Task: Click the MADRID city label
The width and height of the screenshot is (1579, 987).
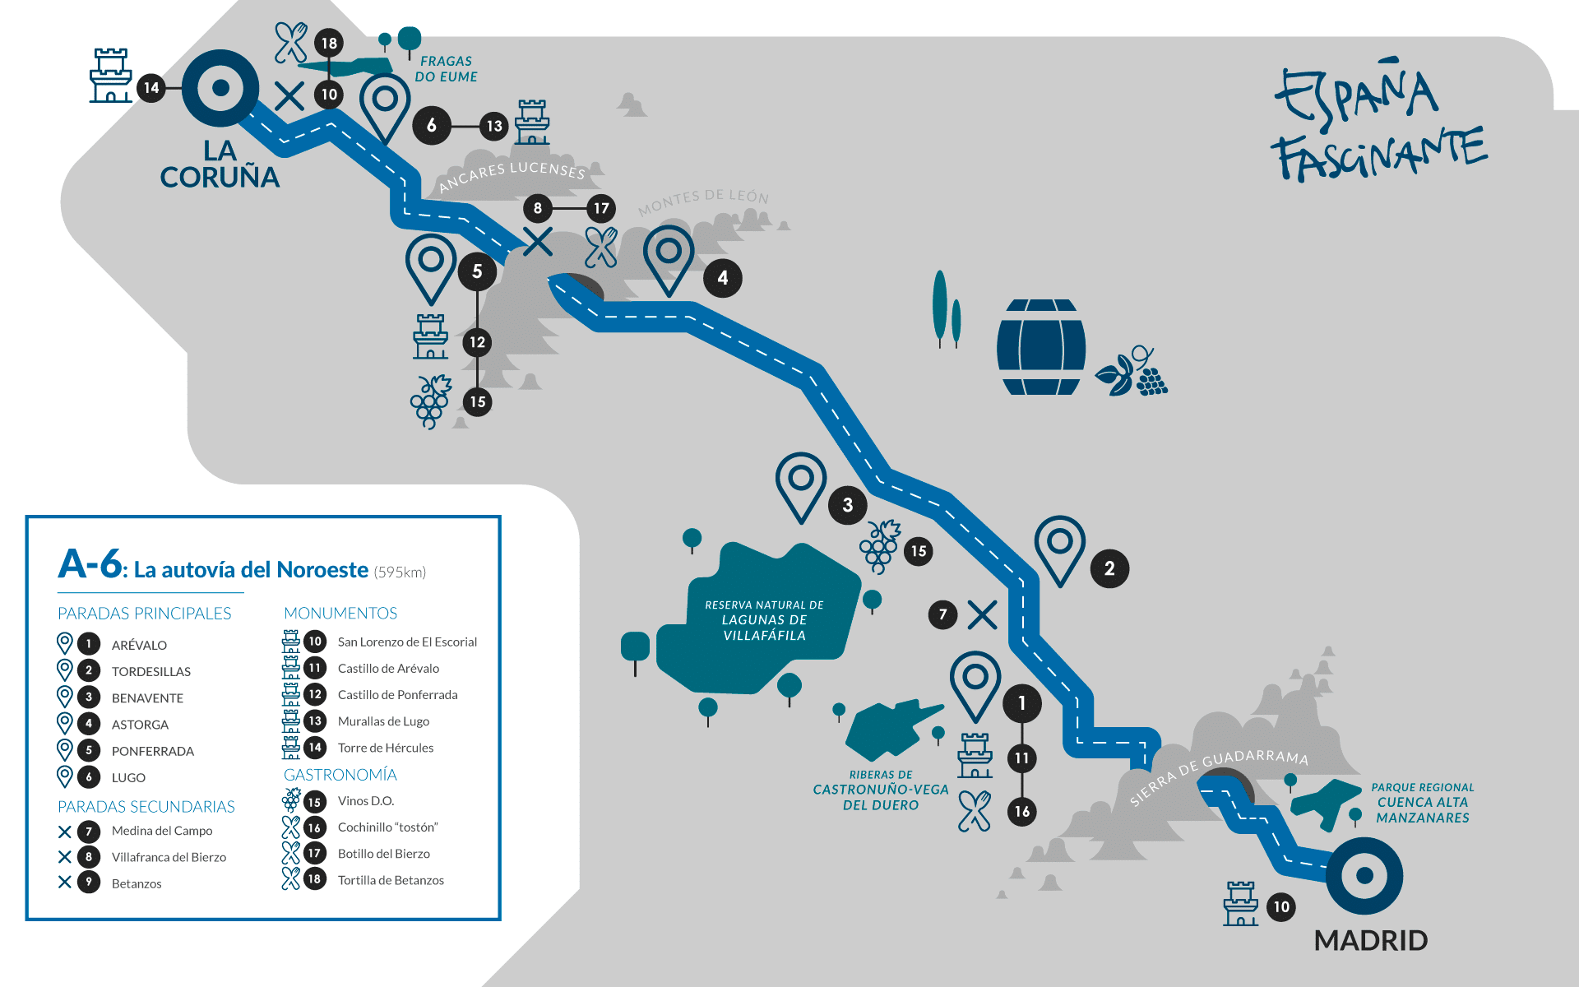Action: (1371, 940)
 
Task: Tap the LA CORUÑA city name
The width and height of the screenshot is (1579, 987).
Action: (220, 164)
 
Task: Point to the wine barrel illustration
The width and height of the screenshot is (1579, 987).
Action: (1041, 347)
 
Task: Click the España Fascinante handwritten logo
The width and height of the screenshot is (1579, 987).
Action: (1380, 122)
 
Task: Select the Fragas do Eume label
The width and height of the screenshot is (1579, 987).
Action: (446, 69)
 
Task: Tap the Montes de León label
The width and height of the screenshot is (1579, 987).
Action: (704, 201)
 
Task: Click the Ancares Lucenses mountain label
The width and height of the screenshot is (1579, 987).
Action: (512, 175)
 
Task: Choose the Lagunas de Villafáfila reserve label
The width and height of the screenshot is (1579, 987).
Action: (764, 620)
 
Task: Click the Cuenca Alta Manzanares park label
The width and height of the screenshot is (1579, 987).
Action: (1423, 803)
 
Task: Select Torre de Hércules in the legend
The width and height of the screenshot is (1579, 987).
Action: (386, 748)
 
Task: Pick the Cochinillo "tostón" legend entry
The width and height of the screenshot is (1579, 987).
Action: (388, 827)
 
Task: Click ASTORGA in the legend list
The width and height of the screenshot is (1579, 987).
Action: (140, 725)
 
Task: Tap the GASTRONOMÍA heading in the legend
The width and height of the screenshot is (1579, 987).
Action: (340, 775)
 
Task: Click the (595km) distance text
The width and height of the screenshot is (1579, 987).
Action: (400, 572)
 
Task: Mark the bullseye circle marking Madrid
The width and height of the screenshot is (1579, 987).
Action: (1364, 875)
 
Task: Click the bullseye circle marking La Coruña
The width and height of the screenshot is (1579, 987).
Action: (220, 88)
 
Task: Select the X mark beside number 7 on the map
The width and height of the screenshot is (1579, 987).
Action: (982, 614)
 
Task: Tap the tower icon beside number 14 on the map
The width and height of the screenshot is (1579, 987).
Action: (111, 75)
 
